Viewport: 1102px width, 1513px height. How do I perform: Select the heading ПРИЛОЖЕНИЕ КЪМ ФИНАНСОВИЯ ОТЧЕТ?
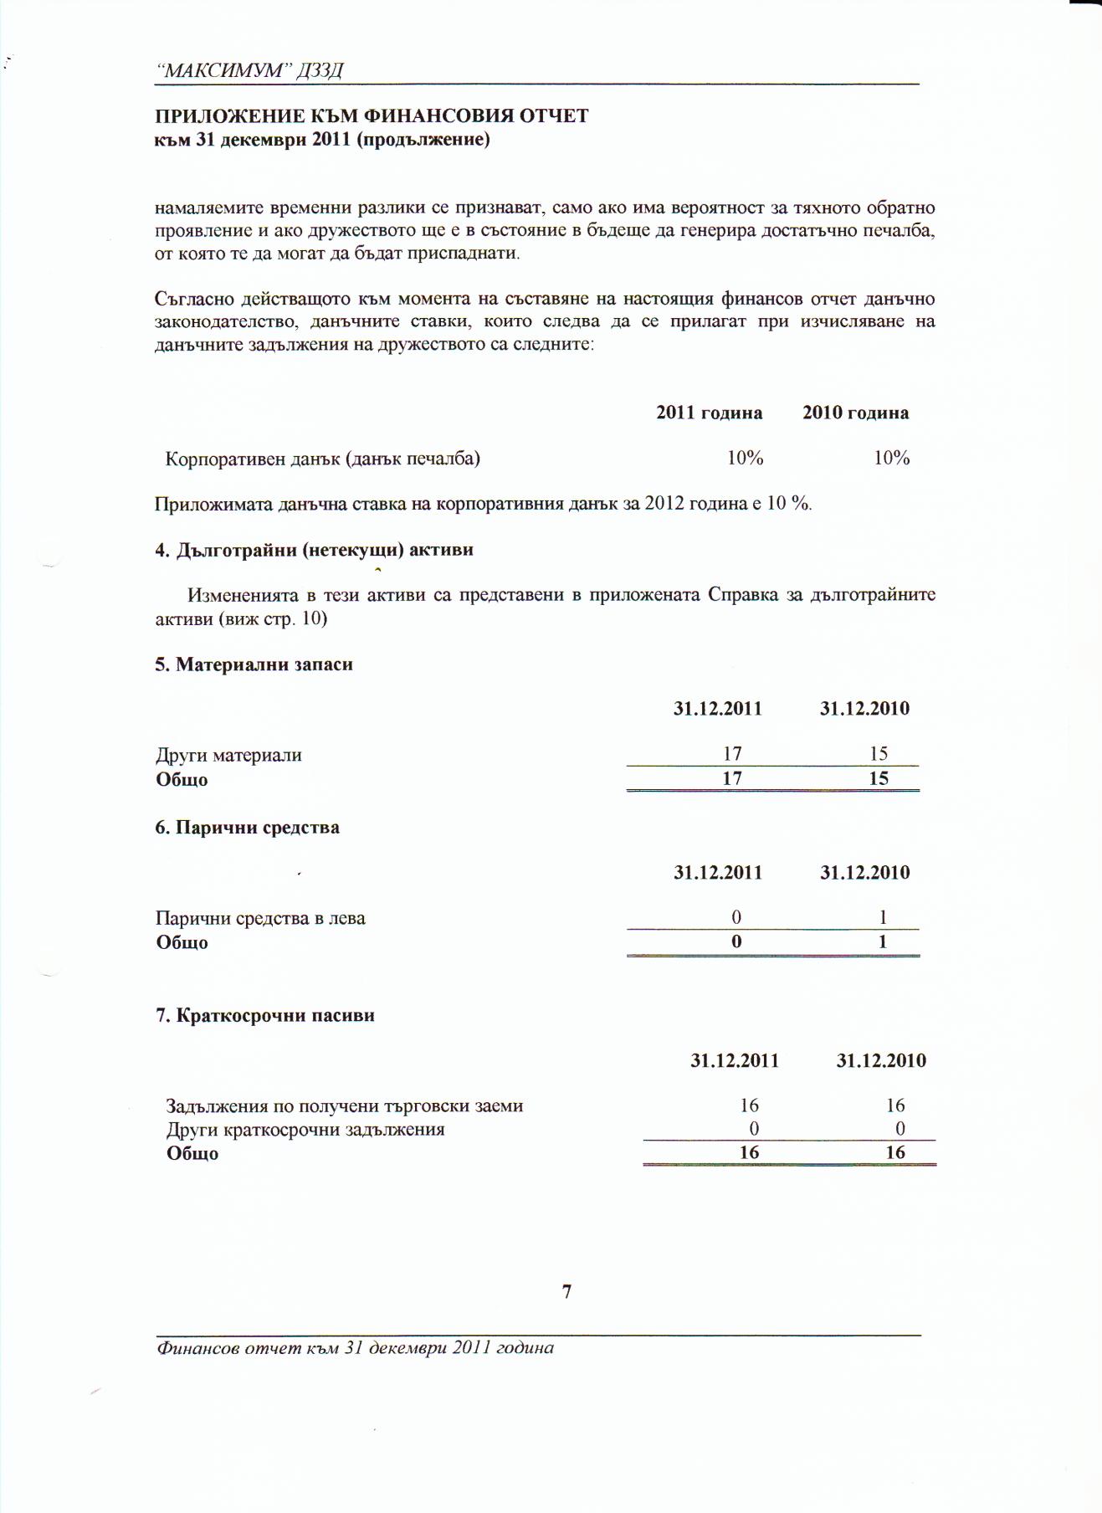(x=372, y=115)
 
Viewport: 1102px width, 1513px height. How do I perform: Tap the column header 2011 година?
(x=709, y=413)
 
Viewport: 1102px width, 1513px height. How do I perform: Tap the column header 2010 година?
(x=855, y=413)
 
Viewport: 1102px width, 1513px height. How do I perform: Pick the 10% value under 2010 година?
(x=891, y=458)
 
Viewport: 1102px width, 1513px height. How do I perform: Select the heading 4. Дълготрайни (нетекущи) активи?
(x=314, y=550)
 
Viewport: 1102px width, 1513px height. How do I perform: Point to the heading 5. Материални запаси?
(x=254, y=664)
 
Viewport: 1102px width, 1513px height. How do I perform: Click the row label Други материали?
(x=228, y=755)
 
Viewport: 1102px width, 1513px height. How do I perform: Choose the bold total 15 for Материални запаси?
(x=878, y=778)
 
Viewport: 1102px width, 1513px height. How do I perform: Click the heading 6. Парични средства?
(x=247, y=828)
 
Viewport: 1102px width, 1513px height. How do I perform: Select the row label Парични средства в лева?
(x=260, y=918)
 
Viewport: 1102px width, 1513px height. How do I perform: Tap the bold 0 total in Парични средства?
(x=736, y=941)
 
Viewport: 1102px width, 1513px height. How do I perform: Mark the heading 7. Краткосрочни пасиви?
(x=264, y=1016)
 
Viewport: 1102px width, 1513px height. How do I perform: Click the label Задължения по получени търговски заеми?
(x=344, y=1106)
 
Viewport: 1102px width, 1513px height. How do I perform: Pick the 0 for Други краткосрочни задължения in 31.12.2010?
(x=900, y=1129)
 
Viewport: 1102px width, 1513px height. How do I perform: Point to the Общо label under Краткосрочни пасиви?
(x=192, y=1153)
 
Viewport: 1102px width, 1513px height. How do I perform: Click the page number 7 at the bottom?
(x=566, y=1291)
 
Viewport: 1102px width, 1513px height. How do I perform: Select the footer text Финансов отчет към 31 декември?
(x=355, y=1348)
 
